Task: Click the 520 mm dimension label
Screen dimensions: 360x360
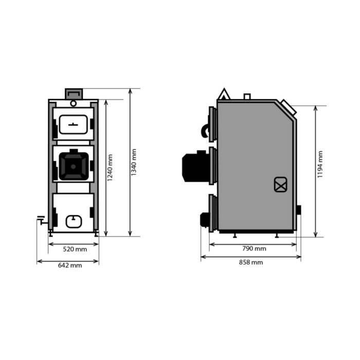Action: point(75,249)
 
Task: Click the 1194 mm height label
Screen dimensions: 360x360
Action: point(320,165)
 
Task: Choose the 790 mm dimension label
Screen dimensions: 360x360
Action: point(254,248)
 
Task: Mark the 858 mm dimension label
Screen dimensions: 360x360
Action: point(251,262)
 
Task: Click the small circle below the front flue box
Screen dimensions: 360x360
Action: point(74,103)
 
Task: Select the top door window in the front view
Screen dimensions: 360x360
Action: point(73,123)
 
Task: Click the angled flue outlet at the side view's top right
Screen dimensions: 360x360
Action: point(288,106)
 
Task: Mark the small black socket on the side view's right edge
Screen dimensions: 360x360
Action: point(299,210)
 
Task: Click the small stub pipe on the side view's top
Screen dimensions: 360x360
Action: point(247,96)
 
